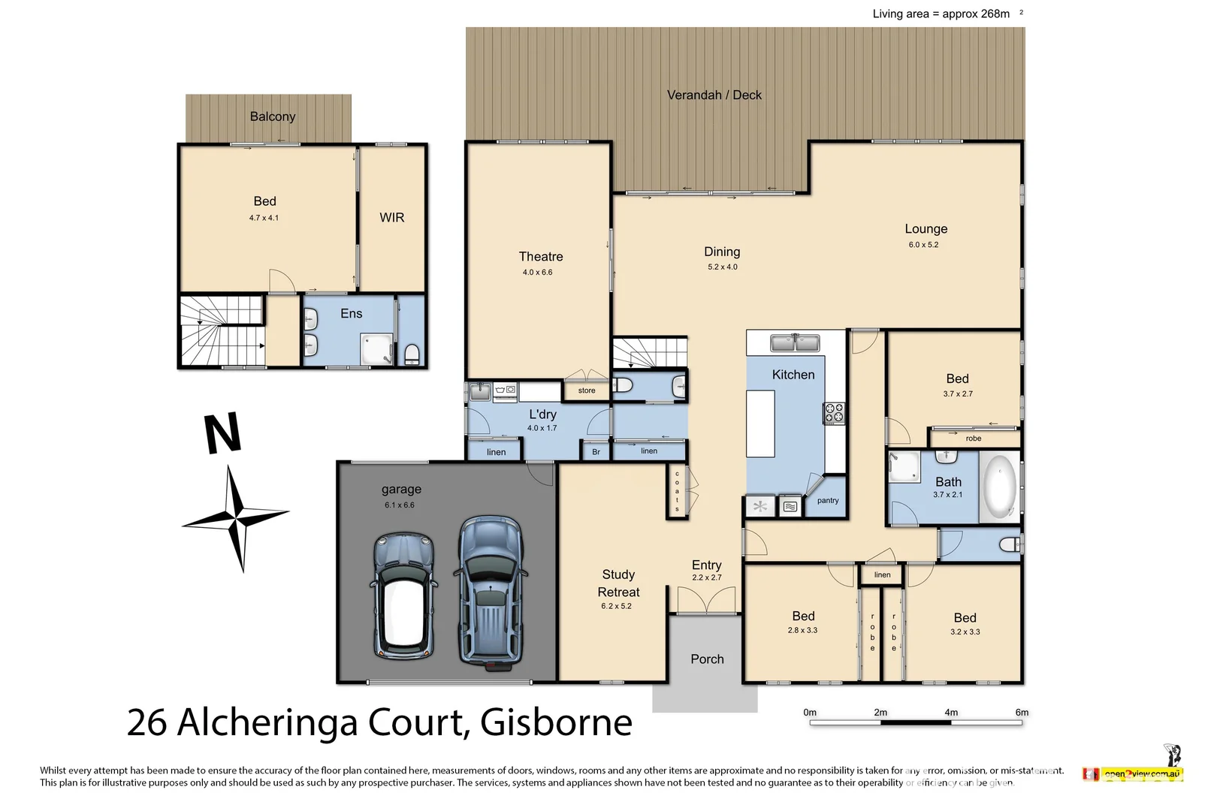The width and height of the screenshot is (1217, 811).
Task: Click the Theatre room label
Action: click(x=540, y=257)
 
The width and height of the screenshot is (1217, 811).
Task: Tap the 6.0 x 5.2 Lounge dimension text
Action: click(x=923, y=245)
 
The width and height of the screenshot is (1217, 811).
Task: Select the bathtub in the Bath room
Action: click(x=999, y=486)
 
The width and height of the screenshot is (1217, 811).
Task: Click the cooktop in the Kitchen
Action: click(x=834, y=412)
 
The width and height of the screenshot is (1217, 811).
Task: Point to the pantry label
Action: click(x=827, y=501)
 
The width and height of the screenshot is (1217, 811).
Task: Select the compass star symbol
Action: click(x=237, y=517)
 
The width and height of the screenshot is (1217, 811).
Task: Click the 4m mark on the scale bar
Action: click(x=951, y=713)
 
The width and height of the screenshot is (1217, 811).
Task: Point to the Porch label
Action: click(x=707, y=659)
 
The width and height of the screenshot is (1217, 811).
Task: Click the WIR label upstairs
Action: click(x=391, y=218)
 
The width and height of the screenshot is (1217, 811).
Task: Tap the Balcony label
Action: click(x=272, y=116)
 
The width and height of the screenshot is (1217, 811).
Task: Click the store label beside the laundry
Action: click(x=587, y=390)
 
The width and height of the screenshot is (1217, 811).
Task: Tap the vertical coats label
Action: click(x=677, y=491)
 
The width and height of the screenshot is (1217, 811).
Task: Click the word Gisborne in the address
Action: click(x=556, y=722)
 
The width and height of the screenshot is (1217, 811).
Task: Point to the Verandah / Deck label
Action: click(x=714, y=95)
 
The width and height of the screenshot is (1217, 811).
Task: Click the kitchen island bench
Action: click(x=759, y=424)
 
